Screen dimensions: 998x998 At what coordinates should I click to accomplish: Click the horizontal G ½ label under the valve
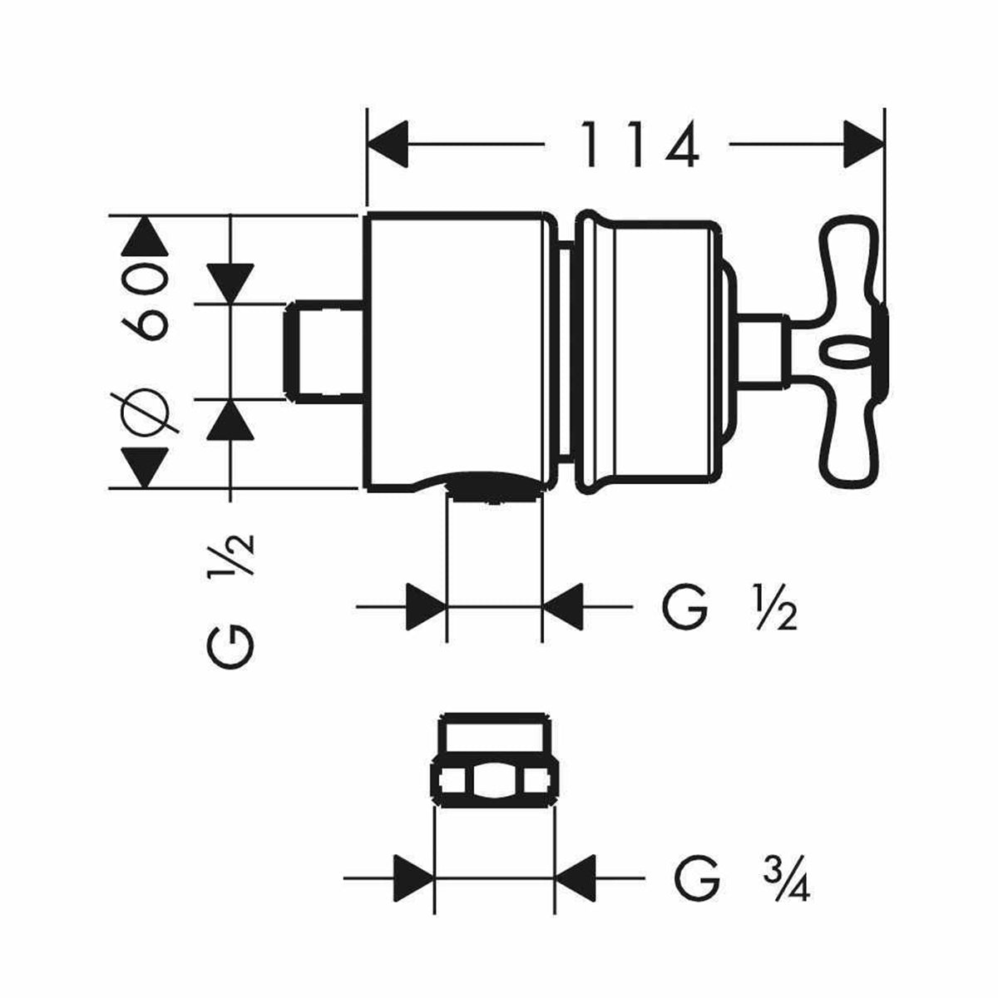729,608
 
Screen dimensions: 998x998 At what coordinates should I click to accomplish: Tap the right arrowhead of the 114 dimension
862,145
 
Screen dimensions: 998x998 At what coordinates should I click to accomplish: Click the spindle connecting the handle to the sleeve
761,349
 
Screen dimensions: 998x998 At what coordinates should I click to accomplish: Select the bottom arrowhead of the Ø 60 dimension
145,468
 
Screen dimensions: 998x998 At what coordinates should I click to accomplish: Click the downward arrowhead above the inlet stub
230,284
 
